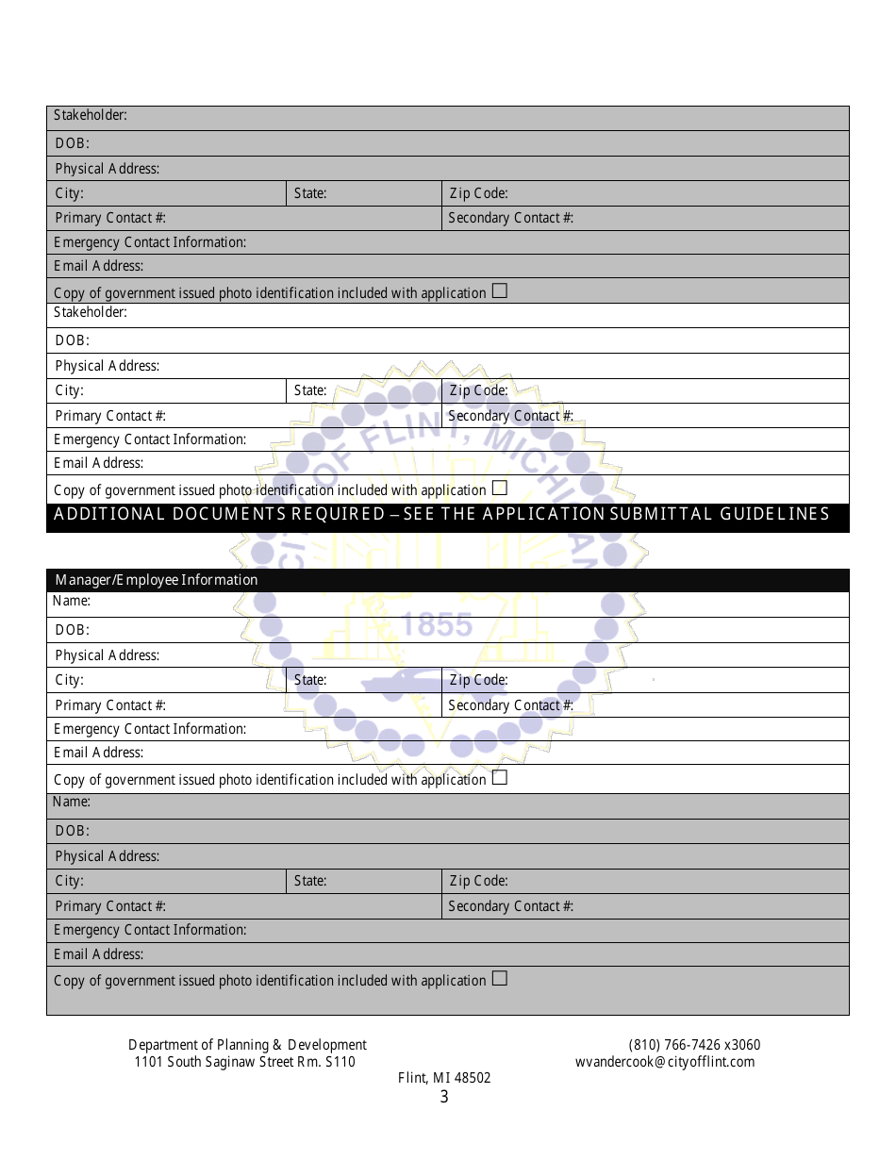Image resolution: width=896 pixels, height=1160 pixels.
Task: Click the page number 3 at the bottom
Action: pyautogui.click(x=444, y=1097)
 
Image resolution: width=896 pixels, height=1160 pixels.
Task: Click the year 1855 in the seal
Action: pyautogui.click(x=437, y=624)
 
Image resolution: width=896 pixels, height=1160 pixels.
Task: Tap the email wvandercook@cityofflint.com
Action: pyautogui.click(x=665, y=1062)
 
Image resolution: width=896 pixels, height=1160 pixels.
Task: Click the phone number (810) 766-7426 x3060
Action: pyautogui.click(x=694, y=1045)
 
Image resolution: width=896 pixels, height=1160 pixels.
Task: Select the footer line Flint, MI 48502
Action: pyautogui.click(x=444, y=1078)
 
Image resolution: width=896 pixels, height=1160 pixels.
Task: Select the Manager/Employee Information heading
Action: pyautogui.click(x=157, y=580)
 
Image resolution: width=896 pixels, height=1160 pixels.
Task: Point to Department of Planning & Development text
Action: pyautogui.click(x=247, y=1045)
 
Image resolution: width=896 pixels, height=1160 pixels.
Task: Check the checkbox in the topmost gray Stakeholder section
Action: pyautogui.click(x=500, y=291)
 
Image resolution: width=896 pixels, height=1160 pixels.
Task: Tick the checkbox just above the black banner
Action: pyautogui.click(x=500, y=489)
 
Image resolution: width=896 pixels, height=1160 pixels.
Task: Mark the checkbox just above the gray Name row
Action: pyautogui.click(x=500, y=778)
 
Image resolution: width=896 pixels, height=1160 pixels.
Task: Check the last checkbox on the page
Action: pyautogui.click(x=500, y=979)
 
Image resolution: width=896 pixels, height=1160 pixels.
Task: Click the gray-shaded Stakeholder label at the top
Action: pyautogui.click(x=91, y=115)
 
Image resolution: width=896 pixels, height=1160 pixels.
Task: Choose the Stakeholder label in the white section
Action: pyautogui.click(x=91, y=312)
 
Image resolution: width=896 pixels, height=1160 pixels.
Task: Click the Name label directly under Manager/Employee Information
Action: pyautogui.click(x=72, y=601)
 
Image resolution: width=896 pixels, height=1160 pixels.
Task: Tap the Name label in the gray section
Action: pyautogui.click(x=72, y=802)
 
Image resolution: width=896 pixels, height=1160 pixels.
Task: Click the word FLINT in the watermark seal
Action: pyautogui.click(x=406, y=437)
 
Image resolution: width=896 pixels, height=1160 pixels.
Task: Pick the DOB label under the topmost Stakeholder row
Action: pyautogui.click(x=72, y=143)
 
